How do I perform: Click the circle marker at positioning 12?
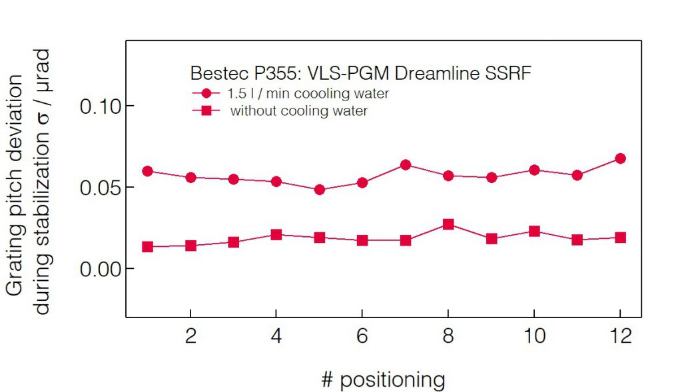620,158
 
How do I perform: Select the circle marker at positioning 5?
320,190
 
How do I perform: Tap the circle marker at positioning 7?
406,164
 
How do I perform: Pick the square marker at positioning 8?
448,224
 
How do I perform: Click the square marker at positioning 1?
148,247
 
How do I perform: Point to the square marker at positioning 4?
276,234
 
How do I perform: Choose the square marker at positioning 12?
620,238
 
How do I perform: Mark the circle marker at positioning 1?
148,171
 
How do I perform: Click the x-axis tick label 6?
362,337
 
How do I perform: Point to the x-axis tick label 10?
533,337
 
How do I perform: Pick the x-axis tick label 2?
190,337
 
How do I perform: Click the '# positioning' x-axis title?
382,380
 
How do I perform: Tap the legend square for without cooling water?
206,111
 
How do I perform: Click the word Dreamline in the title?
440,73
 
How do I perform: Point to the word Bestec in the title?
212,73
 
